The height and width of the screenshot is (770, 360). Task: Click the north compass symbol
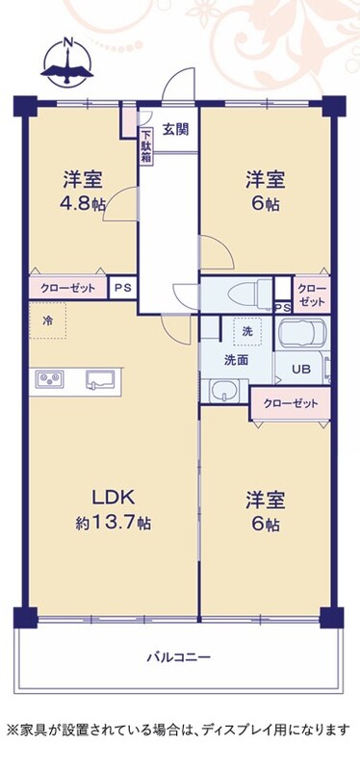coord(67,62)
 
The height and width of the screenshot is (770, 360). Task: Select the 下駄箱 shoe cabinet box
coord(146,146)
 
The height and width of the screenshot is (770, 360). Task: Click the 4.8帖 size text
coord(84,204)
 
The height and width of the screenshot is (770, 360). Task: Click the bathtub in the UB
coord(301,332)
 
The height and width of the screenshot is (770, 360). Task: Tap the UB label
coord(301,370)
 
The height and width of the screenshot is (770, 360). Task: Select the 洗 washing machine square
coord(247,331)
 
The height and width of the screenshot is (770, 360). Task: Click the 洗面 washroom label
coord(236,360)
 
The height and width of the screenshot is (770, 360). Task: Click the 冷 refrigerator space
coord(47,321)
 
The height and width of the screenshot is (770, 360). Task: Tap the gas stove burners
coord(50,378)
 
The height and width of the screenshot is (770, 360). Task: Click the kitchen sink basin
coord(100,379)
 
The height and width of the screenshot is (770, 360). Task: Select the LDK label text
coord(114,498)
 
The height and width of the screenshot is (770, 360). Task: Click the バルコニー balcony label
coord(179,656)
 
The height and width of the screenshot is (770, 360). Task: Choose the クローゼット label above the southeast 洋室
coord(291,403)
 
